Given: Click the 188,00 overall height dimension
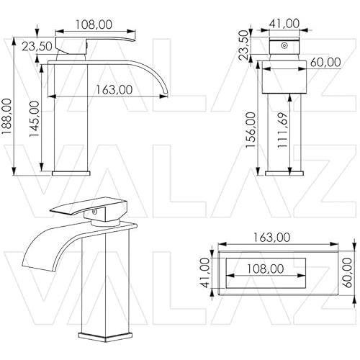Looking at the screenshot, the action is [x=6, y=116].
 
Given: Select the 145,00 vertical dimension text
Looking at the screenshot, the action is [x=34, y=119].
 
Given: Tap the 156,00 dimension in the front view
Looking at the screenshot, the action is [x=251, y=130].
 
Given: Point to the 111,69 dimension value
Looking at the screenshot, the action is [x=282, y=130].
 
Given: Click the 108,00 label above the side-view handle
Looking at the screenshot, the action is [x=94, y=24].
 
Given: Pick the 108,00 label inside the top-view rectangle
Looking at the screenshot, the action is [x=266, y=269].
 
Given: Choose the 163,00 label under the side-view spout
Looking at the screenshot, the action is [x=114, y=89].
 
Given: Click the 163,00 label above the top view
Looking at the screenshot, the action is [x=271, y=238].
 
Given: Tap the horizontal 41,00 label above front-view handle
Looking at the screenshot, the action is [x=284, y=24].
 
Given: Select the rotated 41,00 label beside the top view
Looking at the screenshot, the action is [x=205, y=273].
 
